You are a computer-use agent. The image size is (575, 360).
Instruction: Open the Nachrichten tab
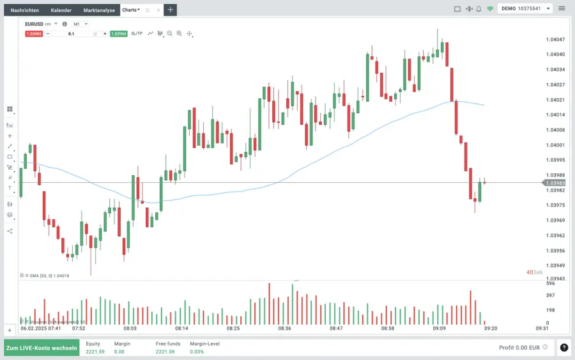pyautogui.click(x=25, y=10)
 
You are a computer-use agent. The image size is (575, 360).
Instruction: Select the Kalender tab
pyautogui.click(x=61, y=10)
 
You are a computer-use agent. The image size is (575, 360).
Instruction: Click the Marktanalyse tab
pyautogui.click(x=99, y=10)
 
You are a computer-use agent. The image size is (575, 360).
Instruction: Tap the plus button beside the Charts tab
pyautogui.click(x=171, y=10)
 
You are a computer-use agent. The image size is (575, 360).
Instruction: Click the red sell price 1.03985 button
pyautogui.click(x=34, y=33)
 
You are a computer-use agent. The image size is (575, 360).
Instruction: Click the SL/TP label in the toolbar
pyautogui.click(x=137, y=33)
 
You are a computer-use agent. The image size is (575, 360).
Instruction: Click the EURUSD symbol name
pyautogui.click(x=34, y=24)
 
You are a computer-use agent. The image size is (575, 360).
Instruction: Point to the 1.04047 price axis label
pyautogui.click(x=556, y=40)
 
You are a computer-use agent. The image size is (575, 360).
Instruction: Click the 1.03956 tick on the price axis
pyautogui.click(x=556, y=251)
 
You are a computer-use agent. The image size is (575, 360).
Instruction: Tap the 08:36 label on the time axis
pyautogui.click(x=284, y=329)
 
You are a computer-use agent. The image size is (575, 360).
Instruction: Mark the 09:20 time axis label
pyautogui.click(x=491, y=329)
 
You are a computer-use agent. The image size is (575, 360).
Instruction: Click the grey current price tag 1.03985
pyautogui.click(x=555, y=183)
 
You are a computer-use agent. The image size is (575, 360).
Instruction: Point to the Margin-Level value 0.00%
pyautogui.click(x=197, y=351)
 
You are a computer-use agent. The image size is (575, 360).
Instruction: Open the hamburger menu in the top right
pyautogui.click(x=562, y=9)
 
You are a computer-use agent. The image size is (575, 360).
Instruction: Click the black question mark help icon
pyautogui.click(x=564, y=348)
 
